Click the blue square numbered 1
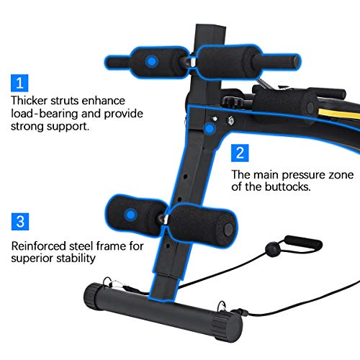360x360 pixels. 20,81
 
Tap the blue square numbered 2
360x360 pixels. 240,153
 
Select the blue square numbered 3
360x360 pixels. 20,220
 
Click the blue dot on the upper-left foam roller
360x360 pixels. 151,62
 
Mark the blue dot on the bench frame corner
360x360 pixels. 209,129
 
